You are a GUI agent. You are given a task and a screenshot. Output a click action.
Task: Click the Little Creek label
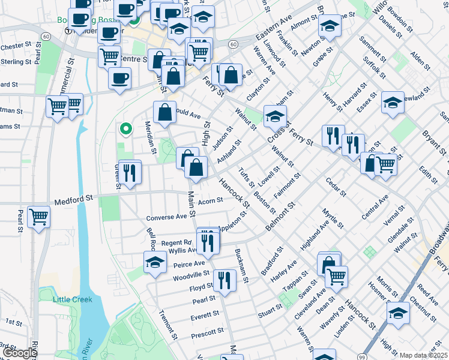[x=73, y=299]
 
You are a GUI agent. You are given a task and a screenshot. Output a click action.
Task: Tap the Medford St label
[x=74, y=197]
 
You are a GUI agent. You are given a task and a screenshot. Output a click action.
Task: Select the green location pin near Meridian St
[x=125, y=128]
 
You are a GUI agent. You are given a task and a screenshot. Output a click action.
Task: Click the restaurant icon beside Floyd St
[x=224, y=280]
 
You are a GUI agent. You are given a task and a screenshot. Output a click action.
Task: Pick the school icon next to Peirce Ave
[x=155, y=262]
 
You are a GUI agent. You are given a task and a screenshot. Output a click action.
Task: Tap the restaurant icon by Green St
[x=130, y=173]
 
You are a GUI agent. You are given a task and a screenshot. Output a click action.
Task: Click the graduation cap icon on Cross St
[x=275, y=116]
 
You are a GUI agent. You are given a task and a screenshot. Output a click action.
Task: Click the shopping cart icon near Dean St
[x=336, y=277]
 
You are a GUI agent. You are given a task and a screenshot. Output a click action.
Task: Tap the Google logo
[x=20, y=353]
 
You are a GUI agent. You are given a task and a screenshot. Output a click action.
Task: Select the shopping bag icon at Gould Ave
[x=164, y=112]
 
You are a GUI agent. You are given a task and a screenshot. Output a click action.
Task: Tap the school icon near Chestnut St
[x=398, y=313]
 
